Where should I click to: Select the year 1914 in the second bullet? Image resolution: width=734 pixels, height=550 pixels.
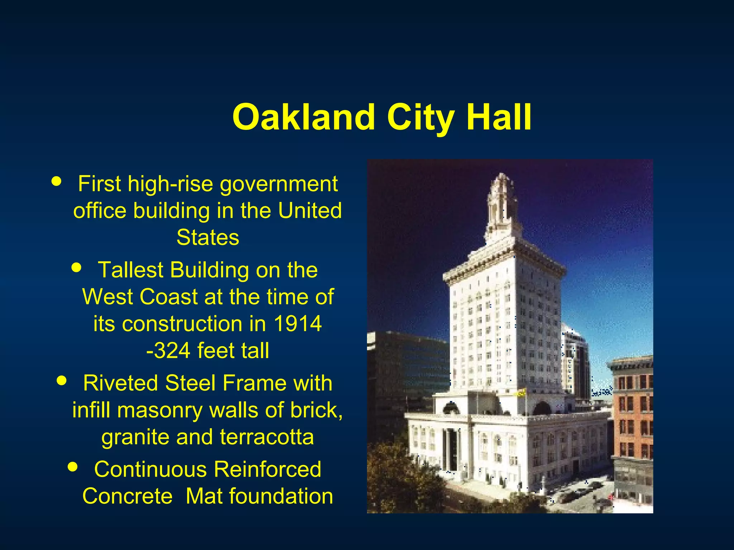pyautogui.click(x=297, y=324)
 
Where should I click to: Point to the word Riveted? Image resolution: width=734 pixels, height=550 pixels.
pyautogui.click(x=120, y=383)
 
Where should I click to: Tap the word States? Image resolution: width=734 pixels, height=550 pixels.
pyautogui.click(x=208, y=237)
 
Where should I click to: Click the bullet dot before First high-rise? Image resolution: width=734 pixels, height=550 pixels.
pyautogui.click(x=56, y=180)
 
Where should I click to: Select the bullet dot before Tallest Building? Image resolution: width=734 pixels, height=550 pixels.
pyautogui.click(x=76, y=267)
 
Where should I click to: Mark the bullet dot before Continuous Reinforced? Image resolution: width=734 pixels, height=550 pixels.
pyautogui.click(x=73, y=467)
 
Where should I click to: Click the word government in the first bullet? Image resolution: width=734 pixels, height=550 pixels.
pyautogui.click(x=278, y=184)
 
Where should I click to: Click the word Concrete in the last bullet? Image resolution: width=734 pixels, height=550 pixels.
pyautogui.click(x=127, y=496)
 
